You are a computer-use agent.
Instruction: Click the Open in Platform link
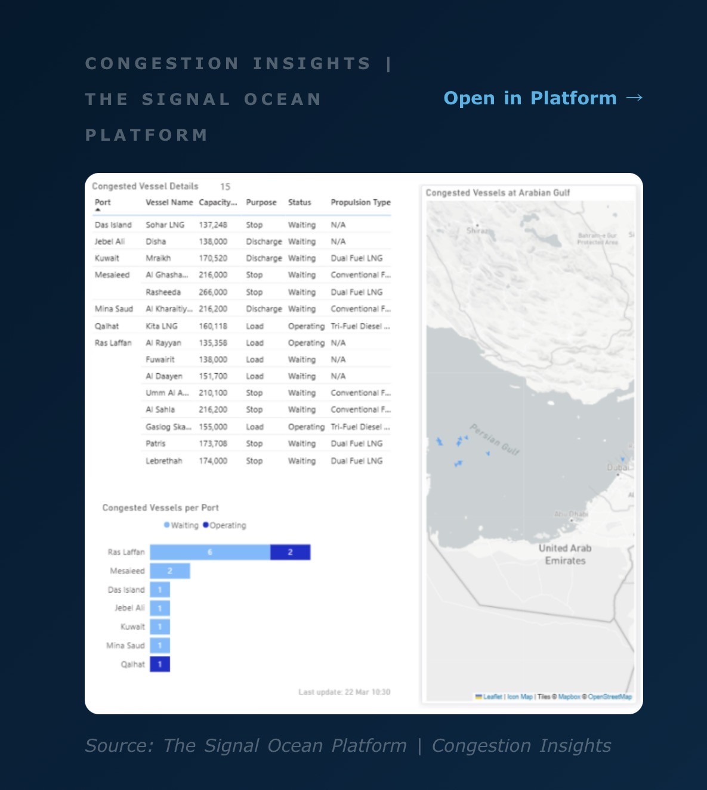tap(542, 98)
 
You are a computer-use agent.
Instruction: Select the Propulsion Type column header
tap(360, 202)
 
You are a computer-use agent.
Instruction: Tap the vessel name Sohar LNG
tap(165, 225)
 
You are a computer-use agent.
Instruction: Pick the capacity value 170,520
tap(213, 258)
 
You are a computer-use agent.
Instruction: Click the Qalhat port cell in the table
tap(107, 326)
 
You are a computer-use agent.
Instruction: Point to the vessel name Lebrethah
tap(163, 461)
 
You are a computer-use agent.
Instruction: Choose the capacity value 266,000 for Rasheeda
tap(213, 292)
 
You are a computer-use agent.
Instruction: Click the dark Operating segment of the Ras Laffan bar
tap(290, 552)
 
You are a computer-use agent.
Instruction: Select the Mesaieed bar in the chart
tap(170, 571)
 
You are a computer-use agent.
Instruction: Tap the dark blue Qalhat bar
tap(160, 664)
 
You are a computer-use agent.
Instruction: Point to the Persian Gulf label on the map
tap(495, 439)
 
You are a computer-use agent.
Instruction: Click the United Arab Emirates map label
tap(565, 554)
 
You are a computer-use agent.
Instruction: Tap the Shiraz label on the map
tap(478, 230)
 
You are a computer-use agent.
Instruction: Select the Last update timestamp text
tap(344, 692)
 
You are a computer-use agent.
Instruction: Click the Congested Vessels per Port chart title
tap(160, 507)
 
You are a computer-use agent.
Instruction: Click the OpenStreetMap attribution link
tap(609, 696)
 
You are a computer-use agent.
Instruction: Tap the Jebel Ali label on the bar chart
tap(129, 608)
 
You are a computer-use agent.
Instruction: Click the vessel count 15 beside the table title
tap(225, 187)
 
